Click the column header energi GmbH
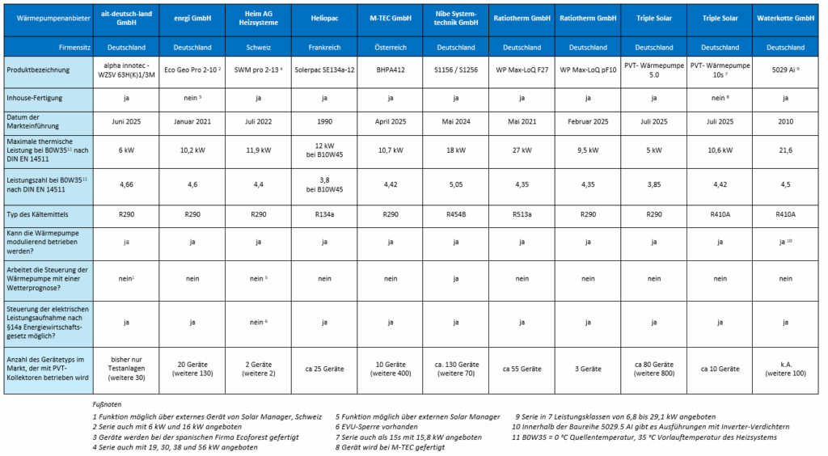(191, 17)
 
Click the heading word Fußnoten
(108, 404)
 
